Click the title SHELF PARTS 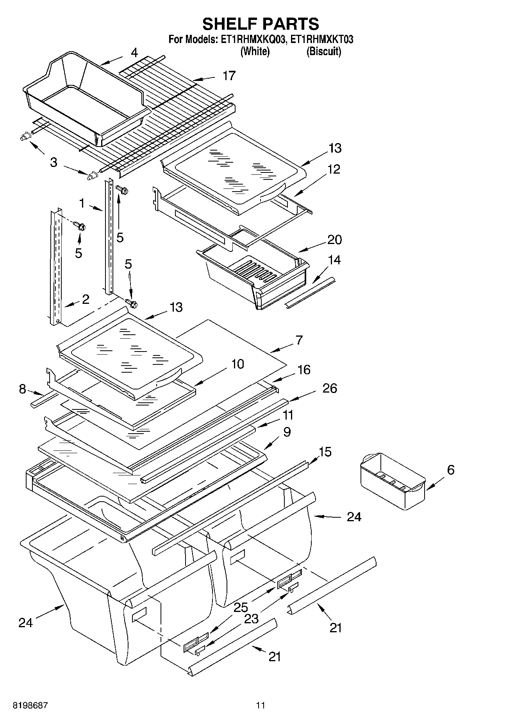[261, 24]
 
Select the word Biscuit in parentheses [324, 51]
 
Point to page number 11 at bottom [261, 705]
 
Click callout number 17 [229, 75]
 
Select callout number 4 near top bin [134, 53]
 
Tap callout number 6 [450, 470]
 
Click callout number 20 [334, 239]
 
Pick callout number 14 [334, 260]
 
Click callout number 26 [329, 388]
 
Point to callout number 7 [299, 340]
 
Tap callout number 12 [334, 169]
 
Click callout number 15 [325, 452]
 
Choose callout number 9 [287, 432]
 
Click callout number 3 [54, 162]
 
